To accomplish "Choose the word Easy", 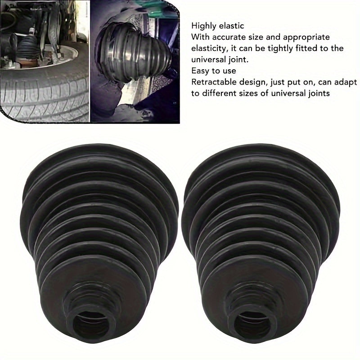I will pyautogui.click(x=199, y=71).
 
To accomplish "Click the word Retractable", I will pyautogui.click(x=212, y=82).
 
